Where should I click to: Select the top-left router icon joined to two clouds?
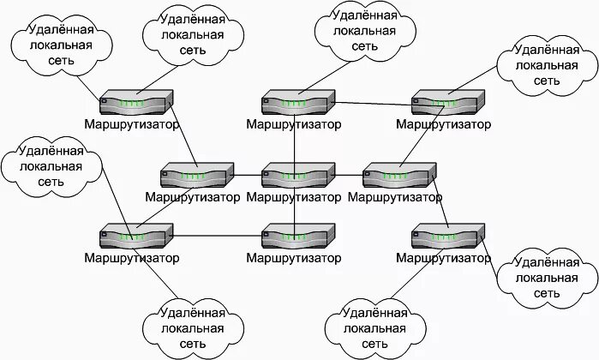tap(135, 103)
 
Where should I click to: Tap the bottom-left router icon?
tap(135, 237)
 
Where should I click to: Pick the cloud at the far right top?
tap(545, 64)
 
